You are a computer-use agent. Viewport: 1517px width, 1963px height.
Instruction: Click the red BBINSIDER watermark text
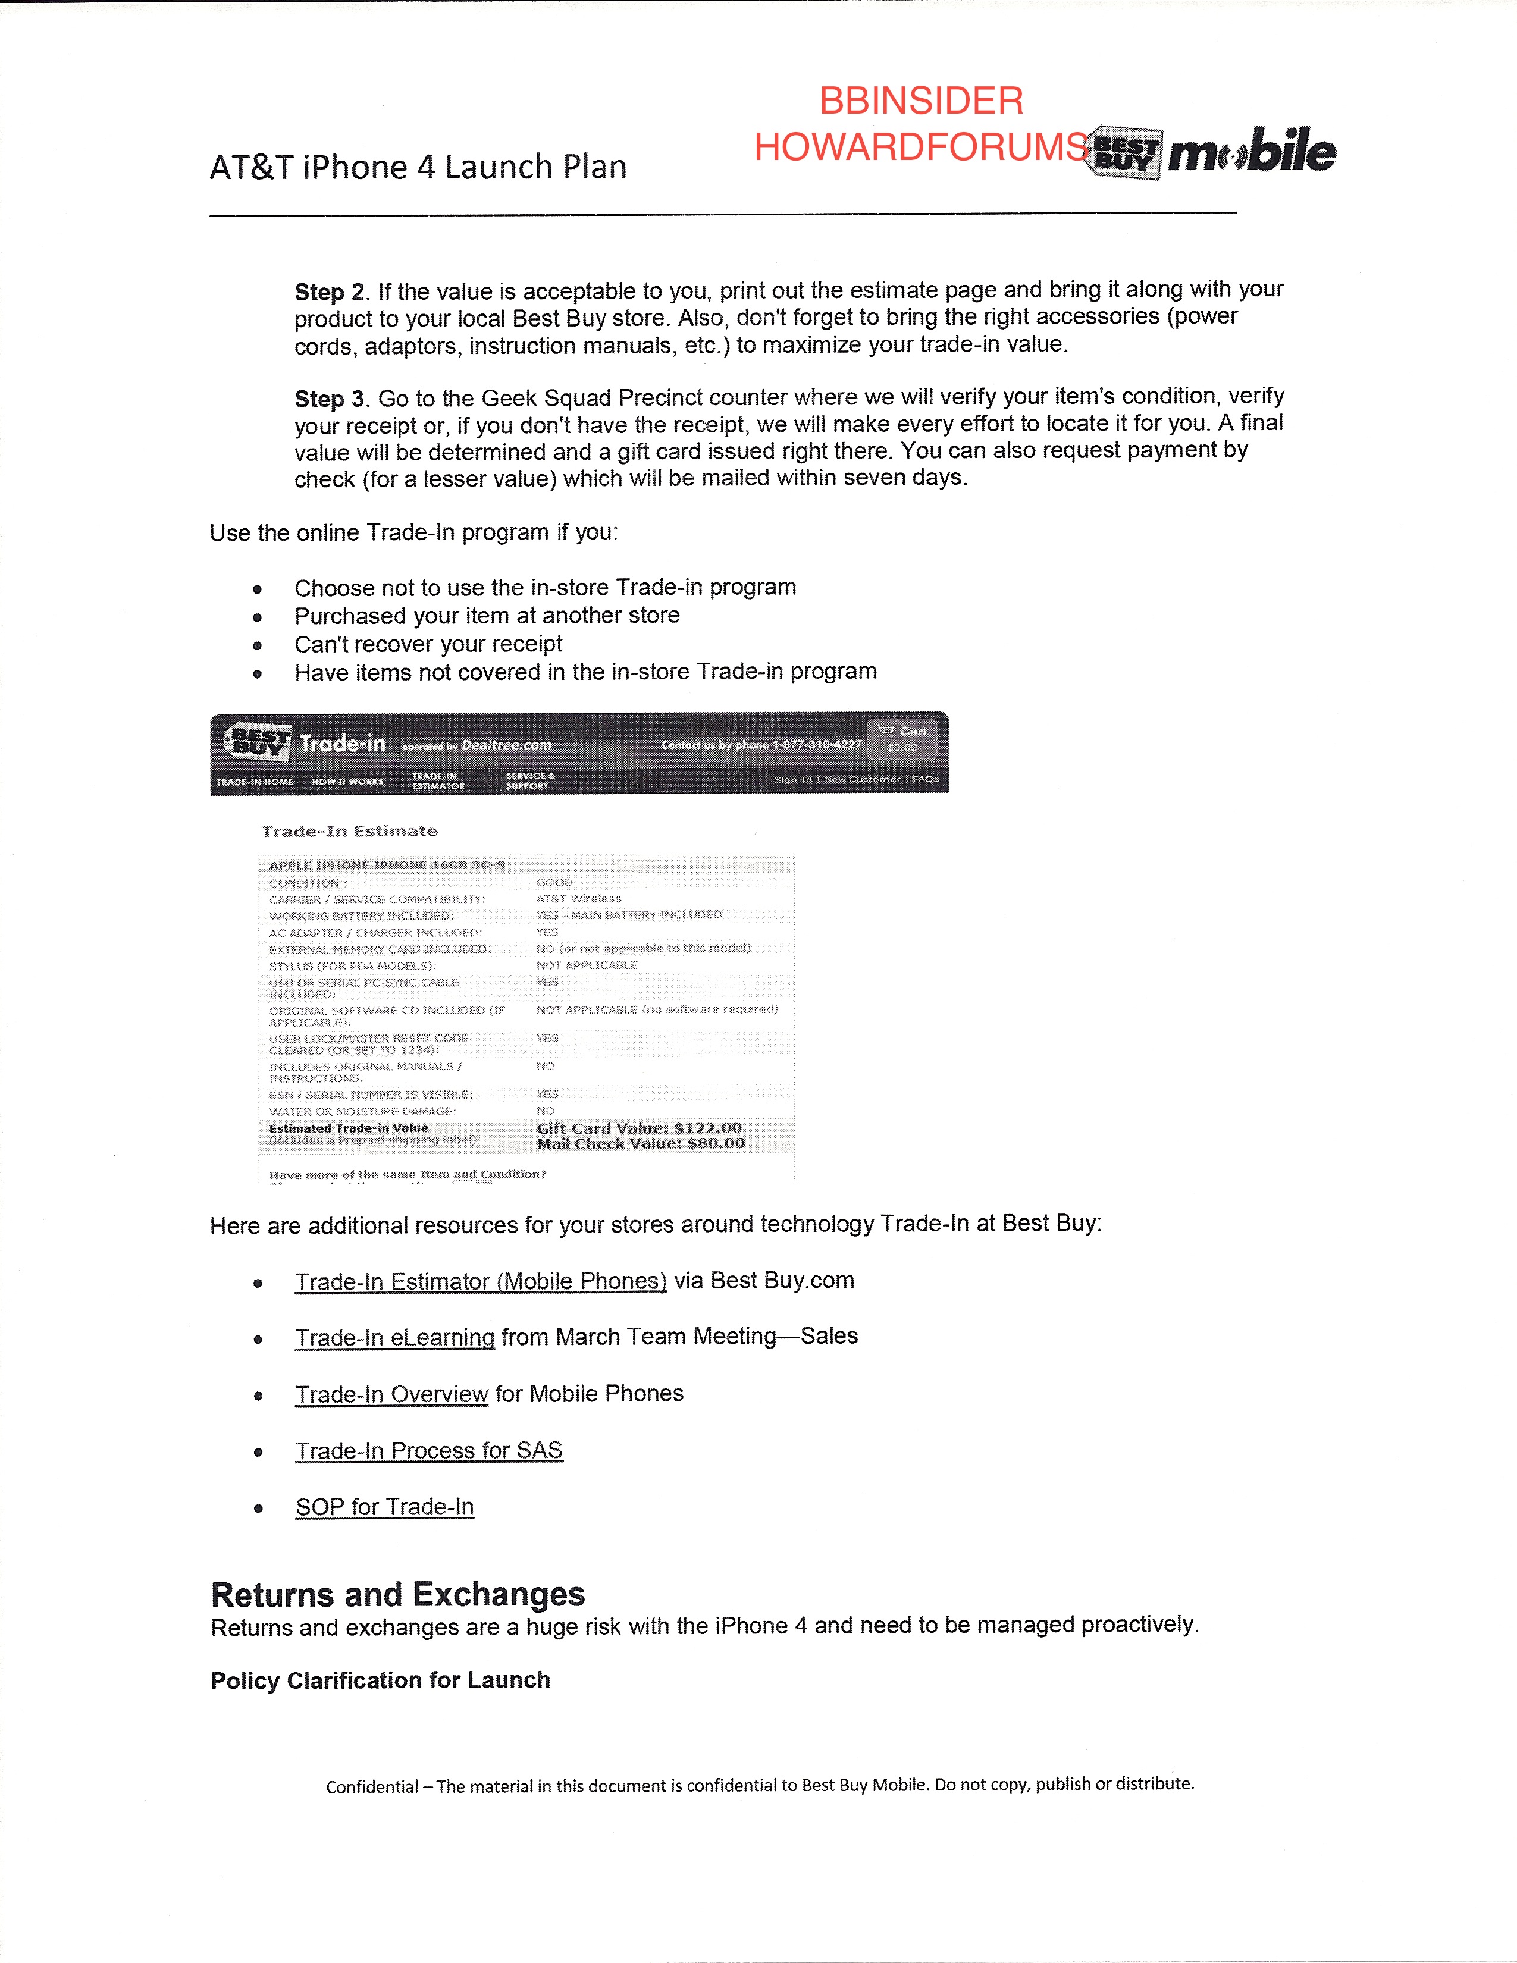pyautogui.click(x=920, y=101)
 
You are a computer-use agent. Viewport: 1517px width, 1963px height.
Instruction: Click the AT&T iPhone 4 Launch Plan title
pyautogui.click(x=418, y=167)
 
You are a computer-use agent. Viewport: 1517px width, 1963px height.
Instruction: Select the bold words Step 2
pyautogui.click(x=329, y=292)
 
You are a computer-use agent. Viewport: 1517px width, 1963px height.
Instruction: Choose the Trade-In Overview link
pyautogui.click(x=392, y=1394)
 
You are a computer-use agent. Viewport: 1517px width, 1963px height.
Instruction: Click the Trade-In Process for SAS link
pyautogui.click(x=429, y=1451)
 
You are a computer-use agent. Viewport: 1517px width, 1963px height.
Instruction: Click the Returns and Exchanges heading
pyautogui.click(x=397, y=1594)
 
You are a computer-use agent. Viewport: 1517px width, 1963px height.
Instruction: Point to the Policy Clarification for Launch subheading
pyautogui.click(x=380, y=1681)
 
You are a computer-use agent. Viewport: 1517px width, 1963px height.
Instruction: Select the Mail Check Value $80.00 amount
pyautogui.click(x=641, y=1143)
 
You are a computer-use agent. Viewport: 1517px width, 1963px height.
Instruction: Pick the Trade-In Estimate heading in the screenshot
pyautogui.click(x=349, y=832)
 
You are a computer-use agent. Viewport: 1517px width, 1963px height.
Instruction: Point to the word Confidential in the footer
pyautogui.click(x=372, y=1787)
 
